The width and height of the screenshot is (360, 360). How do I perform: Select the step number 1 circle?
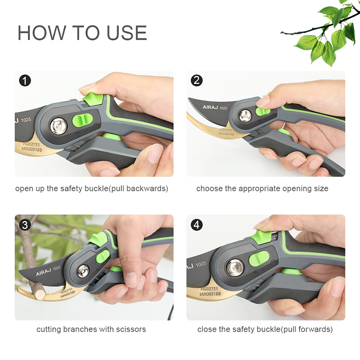point(25,81)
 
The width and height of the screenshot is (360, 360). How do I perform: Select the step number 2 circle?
point(197,81)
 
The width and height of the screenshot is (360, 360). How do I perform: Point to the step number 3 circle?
point(25,225)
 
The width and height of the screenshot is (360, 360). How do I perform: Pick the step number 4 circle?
point(197,225)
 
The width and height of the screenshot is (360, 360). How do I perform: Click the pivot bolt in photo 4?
point(234,269)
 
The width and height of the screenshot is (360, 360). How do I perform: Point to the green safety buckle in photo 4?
point(261,237)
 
